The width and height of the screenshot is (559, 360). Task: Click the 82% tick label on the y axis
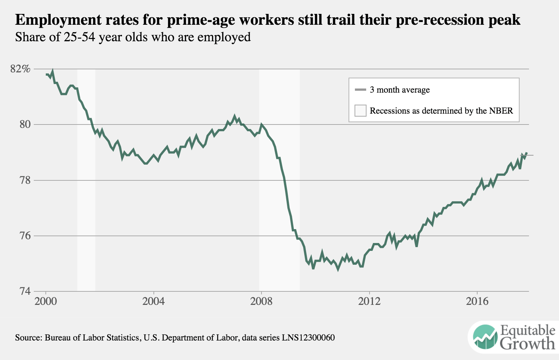coord(20,69)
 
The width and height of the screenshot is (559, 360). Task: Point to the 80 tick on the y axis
coord(24,124)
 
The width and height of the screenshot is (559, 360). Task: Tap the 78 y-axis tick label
coord(24,180)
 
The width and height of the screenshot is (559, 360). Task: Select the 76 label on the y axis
coord(24,236)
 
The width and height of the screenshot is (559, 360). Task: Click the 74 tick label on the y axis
coord(24,291)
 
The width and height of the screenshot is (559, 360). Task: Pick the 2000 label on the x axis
coord(46,301)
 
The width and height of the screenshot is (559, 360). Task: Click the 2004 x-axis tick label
coord(153,301)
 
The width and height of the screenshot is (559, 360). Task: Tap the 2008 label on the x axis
coord(261,301)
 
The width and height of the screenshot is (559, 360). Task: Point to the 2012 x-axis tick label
coord(369,301)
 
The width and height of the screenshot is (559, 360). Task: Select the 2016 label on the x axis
coord(477,301)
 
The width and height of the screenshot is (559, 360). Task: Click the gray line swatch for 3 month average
coord(360,90)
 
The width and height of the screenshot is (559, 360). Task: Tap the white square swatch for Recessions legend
coord(360,111)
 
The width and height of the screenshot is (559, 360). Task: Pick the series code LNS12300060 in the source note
coord(308,337)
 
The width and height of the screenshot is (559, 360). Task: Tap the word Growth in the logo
coord(527,343)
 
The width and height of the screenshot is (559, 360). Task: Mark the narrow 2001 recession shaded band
coord(86,180)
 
